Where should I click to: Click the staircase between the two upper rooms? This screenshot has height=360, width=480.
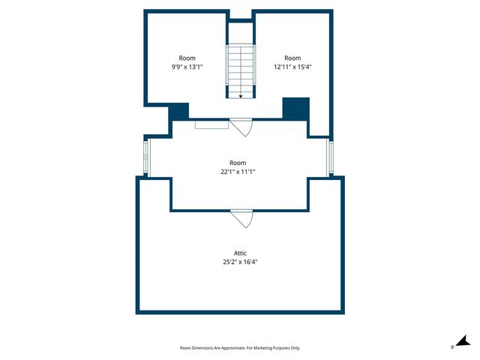(x=241, y=70)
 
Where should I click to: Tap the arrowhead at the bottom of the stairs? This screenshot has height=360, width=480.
(x=241, y=96)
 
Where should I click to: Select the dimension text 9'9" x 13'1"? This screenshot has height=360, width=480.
(x=187, y=67)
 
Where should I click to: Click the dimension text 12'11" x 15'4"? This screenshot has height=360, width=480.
(x=292, y=67)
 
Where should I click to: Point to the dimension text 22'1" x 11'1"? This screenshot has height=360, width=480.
(x=238, y=171)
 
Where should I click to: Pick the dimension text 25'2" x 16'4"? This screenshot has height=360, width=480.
(x=240, y=262)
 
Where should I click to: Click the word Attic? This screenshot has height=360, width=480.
(x=240, y=253)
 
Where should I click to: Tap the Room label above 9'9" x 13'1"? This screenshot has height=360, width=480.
(x=187, y=58)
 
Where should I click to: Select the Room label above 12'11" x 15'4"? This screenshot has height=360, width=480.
(x=292, y=58)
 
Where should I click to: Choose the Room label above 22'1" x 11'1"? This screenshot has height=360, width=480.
(x=238, y=162)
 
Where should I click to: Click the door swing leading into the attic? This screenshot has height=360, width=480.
(x=242, y=218)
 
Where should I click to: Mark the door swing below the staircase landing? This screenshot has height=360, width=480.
(x=241, y=127)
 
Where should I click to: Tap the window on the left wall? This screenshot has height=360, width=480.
(x=147, y=157)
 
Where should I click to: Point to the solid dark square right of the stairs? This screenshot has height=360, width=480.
(x=295, y=108)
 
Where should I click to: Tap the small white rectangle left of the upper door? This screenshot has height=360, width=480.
(x=211, y=124)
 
